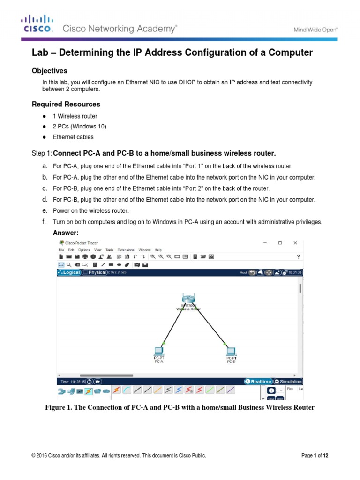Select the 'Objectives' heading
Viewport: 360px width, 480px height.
[49, 71]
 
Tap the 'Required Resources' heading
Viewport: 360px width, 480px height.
[66, 104]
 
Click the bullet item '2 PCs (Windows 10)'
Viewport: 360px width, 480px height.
[79, 127]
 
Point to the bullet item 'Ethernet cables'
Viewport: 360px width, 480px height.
[73, 137]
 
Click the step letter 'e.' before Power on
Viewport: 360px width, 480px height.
[45, 211]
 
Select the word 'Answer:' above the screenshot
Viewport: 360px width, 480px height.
[66, 233]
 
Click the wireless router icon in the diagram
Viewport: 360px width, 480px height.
[188, 299]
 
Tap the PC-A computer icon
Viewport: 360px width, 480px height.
[158, 350]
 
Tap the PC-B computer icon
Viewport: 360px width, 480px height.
[231, 350]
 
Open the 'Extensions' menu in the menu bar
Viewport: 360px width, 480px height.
[125, 250]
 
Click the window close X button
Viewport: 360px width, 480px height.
[295, 243]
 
